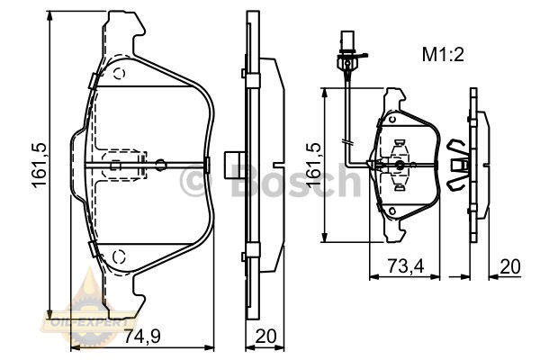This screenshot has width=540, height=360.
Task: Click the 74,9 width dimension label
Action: coord(142,337)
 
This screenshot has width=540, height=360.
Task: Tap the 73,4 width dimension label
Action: coord(407,266)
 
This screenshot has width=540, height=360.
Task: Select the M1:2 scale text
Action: coord(443,54)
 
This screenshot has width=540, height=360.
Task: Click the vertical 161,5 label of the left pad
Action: coord(39,165)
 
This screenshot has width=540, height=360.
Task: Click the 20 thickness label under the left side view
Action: coord(265,337)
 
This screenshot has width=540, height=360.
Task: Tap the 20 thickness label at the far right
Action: coord(510,266)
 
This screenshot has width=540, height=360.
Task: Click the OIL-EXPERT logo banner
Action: coord(89,322)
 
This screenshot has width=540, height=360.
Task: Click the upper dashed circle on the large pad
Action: coord(119,74)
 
